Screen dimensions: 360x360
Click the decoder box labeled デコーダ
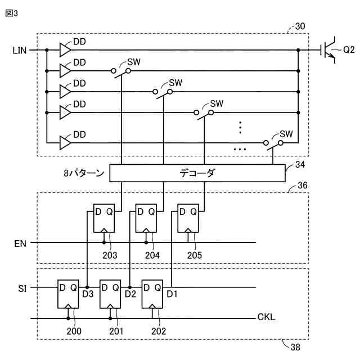point(197,173)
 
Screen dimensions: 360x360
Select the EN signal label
point(20,244)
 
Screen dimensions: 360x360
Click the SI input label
point(21,287)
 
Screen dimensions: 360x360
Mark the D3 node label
point(88,294)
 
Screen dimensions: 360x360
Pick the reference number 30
point(300,26)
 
